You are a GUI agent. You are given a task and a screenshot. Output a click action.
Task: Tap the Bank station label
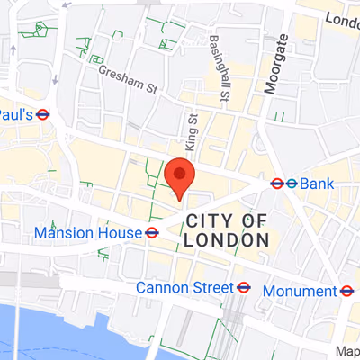tap(317, 184)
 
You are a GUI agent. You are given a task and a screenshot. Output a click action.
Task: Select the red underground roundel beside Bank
tap(277, 184)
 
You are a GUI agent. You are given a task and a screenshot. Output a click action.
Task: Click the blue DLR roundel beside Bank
tap(292, 184)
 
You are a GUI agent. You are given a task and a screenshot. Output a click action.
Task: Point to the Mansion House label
tap(87, 233)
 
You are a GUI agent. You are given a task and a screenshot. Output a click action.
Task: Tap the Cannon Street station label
tap(184, 288)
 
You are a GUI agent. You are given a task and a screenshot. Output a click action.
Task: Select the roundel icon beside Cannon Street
tap(243, 288)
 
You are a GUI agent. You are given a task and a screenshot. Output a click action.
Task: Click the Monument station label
tap(300, 291)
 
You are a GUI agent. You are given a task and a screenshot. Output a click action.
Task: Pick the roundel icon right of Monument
tap(346, 291)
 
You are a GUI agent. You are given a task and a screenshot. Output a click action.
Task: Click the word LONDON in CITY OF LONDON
tap(226, 240)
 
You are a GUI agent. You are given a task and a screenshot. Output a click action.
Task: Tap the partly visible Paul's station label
tap(15, 114)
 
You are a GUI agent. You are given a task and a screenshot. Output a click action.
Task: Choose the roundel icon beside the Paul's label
tap(42, 114)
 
